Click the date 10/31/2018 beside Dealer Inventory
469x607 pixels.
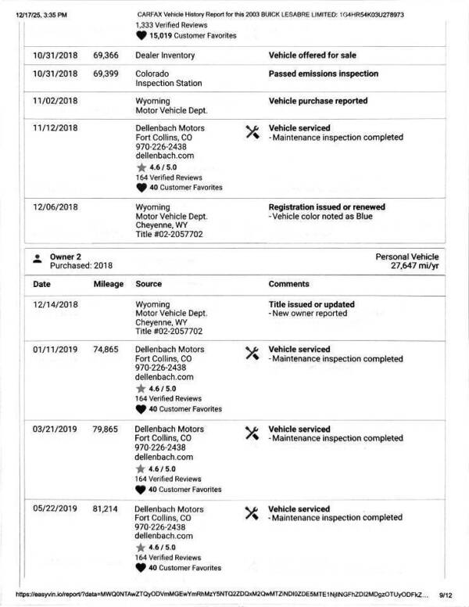coord(55,56)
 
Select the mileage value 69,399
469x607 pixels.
coord(106,74)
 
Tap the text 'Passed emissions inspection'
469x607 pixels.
coord(323,74)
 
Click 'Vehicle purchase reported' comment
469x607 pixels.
coord(317,101)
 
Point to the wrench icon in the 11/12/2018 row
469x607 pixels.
coord(252,131)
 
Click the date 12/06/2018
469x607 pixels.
coord(55,207)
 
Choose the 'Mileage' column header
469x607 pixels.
coord(109,284)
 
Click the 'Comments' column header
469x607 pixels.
coord(288,284)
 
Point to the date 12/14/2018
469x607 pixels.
coord(55,304)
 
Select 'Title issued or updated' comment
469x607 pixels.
coord(311,304)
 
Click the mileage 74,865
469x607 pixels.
coord(106,350)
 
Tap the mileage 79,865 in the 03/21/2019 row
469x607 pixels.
coord(106,429)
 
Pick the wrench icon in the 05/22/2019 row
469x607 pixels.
coord(252,512)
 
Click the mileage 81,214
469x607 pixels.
coord(106,509)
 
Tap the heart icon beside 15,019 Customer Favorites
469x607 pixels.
coord(141,35)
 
